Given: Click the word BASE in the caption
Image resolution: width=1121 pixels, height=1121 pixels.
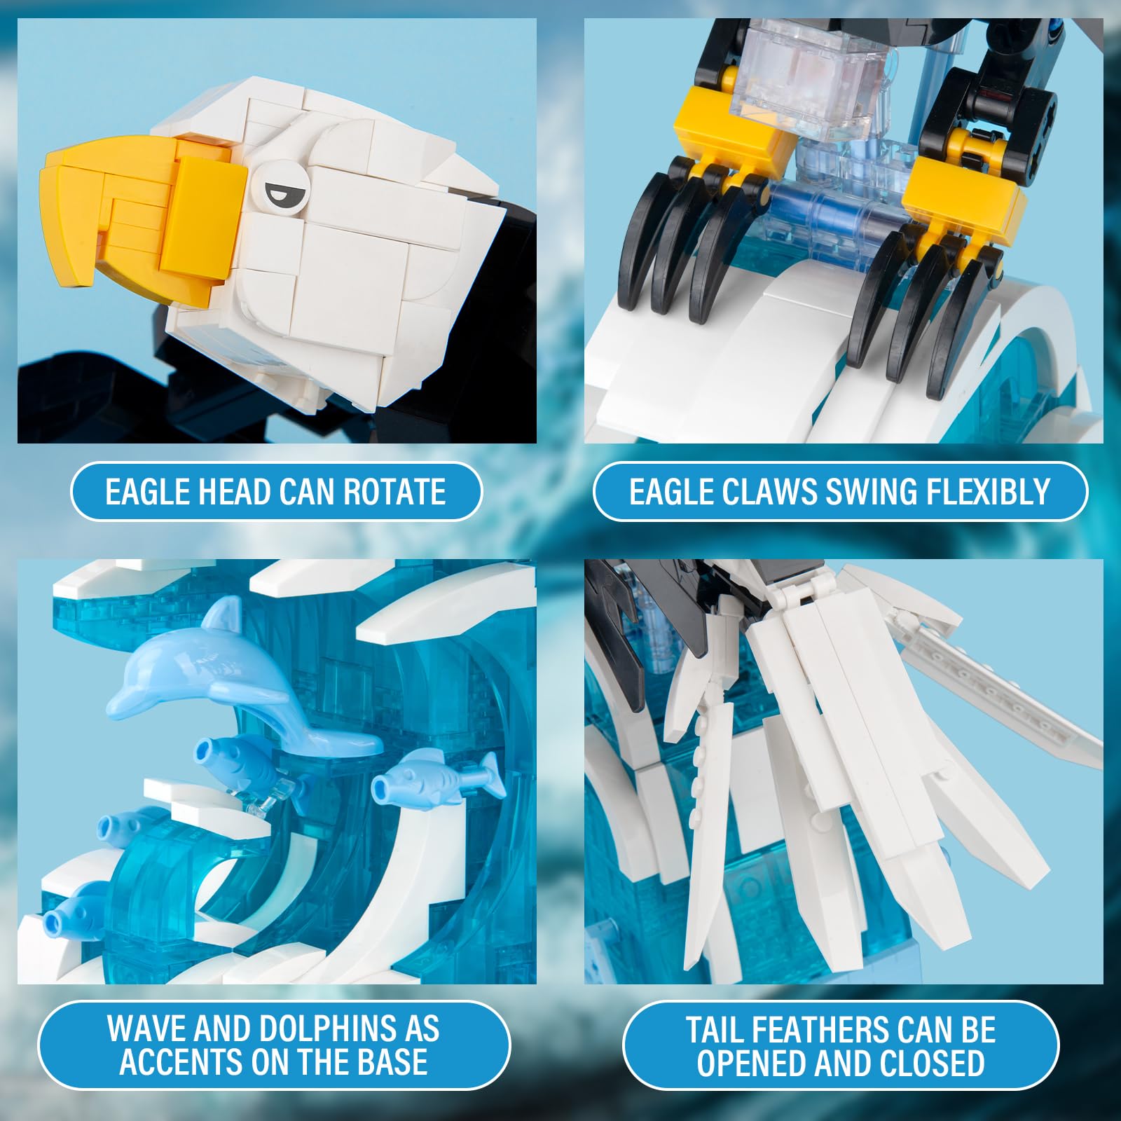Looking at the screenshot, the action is [x=392, y=1061].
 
